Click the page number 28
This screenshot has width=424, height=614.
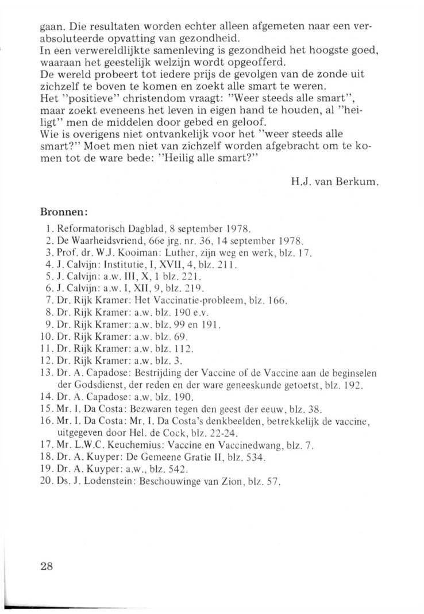47,565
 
